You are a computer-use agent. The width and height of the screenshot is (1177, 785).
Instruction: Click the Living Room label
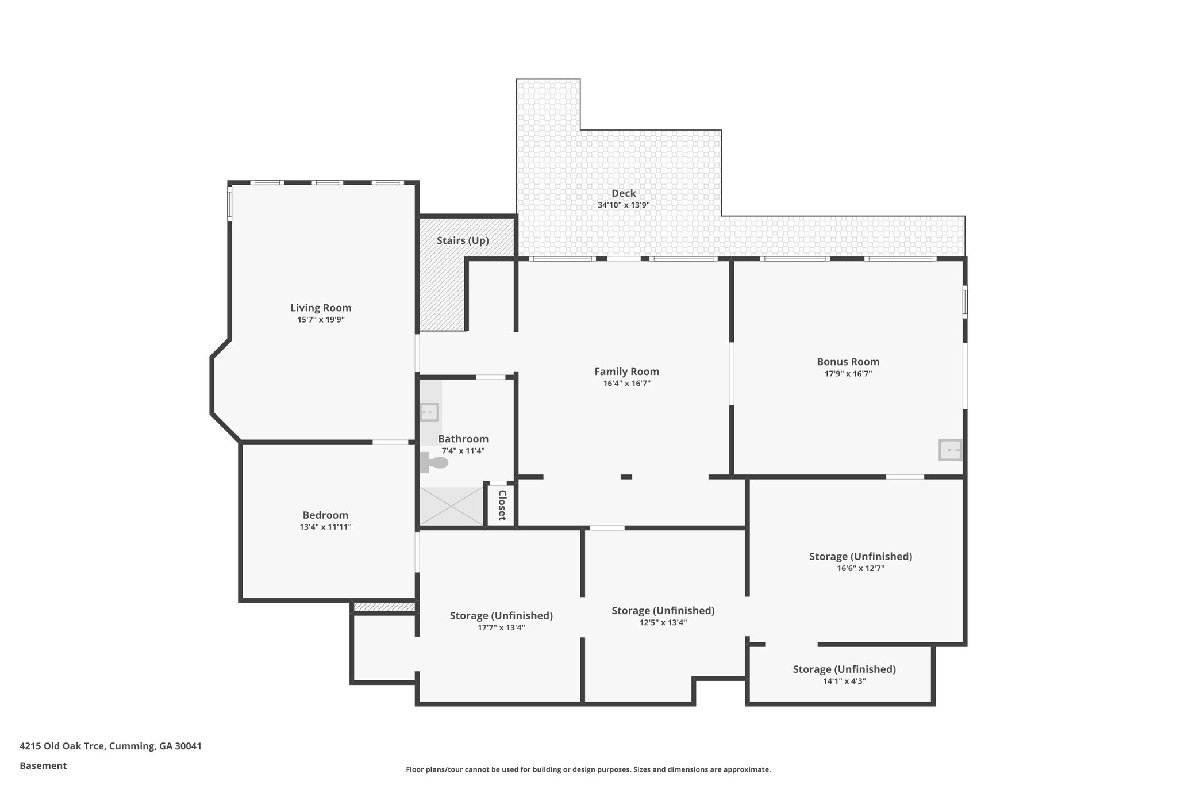click(x=321, y=308)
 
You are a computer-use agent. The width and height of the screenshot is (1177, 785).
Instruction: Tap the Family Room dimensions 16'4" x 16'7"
click(x=626, y=384)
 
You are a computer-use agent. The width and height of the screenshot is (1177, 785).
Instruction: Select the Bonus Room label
click(x=848, y=362)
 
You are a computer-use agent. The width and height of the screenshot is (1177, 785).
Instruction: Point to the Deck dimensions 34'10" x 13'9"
click(x=624, y=205)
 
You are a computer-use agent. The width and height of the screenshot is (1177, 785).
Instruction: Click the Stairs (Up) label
click(x=463, y=240)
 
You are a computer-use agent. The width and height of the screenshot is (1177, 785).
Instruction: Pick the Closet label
click(x=502, y=505)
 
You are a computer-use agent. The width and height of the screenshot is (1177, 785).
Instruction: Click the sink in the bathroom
click(x=429, y=412)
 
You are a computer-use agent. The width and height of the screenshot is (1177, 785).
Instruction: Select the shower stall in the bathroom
click(x=451, y=506)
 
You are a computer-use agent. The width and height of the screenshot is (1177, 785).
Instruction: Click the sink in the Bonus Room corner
click(x=950, y=450)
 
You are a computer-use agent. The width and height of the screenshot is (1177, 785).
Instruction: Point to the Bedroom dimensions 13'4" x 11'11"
click(x=325, y=527)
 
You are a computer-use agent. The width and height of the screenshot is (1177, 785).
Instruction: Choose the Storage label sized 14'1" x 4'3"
click(x=844, y=669)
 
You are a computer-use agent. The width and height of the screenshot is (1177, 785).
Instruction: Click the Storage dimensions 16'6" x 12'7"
click(x=860, y=568)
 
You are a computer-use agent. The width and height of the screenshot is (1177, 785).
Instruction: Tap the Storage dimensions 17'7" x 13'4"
click(x=501, y=627)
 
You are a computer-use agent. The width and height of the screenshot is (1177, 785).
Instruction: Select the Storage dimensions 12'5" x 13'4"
click(x=663, y=622)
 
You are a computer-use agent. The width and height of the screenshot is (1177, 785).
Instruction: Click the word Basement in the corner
click(x=43, y=766)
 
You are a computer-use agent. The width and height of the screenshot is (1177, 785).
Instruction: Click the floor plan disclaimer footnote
click(x=588, y=769)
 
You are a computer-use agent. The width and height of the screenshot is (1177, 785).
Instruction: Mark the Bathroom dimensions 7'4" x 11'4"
click(x=463, y=451)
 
